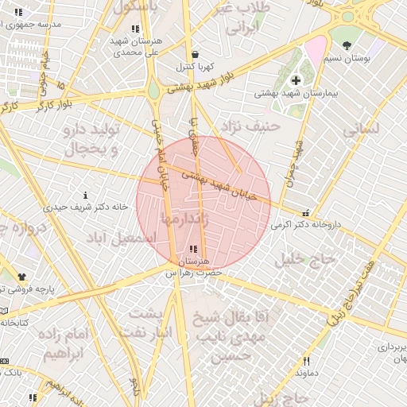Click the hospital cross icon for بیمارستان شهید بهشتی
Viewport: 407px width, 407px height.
point(296,80)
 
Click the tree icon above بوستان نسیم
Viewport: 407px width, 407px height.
point(346,41)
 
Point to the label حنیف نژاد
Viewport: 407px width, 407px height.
point(254,125)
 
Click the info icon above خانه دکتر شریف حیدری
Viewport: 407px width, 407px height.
point(85,195)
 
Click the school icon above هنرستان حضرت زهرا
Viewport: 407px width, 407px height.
point(195,249)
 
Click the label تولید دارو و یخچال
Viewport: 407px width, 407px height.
point(90,138)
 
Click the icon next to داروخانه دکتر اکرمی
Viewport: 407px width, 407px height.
point(306,212)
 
